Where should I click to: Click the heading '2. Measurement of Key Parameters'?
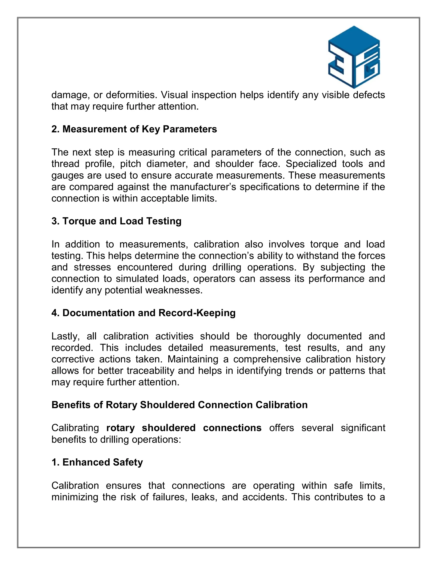[134, 129]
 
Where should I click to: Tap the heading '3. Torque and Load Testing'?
[116, 221]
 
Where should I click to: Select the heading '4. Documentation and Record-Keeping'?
[143, 313]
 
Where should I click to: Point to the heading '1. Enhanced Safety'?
[97, 462]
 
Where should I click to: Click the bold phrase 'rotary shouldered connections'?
[184, 428]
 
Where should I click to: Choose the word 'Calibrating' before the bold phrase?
[75, 428]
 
